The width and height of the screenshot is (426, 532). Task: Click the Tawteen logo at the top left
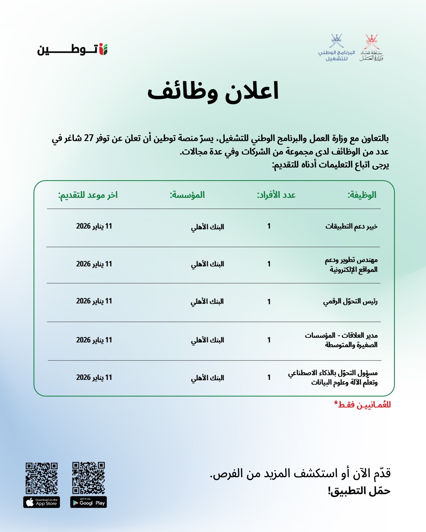coord(73,49)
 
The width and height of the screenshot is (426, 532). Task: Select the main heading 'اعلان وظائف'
coord(213,91)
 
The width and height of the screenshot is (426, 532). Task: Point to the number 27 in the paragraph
coord(89,138)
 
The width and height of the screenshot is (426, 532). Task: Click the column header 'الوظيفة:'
coord(362,195)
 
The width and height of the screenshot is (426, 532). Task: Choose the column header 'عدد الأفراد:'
coord(276,195)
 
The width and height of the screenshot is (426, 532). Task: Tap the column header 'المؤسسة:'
coord(187,195)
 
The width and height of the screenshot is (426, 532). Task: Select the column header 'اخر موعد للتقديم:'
coord(88,195)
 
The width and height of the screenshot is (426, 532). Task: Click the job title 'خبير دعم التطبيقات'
coord(351,226)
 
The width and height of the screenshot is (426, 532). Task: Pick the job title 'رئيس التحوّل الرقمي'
coord(350,301)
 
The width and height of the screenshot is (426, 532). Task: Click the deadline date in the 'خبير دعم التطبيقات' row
coord(94,226)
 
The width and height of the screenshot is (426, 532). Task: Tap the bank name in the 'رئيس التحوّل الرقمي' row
coord(207,301)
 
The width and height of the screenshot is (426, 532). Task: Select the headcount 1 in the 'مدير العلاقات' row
coord(269,340)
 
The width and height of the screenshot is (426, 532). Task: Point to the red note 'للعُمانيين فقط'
coord(362,405)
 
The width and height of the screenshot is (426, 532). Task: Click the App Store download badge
coord(42,502)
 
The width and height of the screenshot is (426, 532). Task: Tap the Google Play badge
coord(88,502)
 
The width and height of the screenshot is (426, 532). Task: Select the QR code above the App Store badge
coord(42,478)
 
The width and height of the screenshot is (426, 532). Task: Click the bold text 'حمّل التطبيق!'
coord(359,491)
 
